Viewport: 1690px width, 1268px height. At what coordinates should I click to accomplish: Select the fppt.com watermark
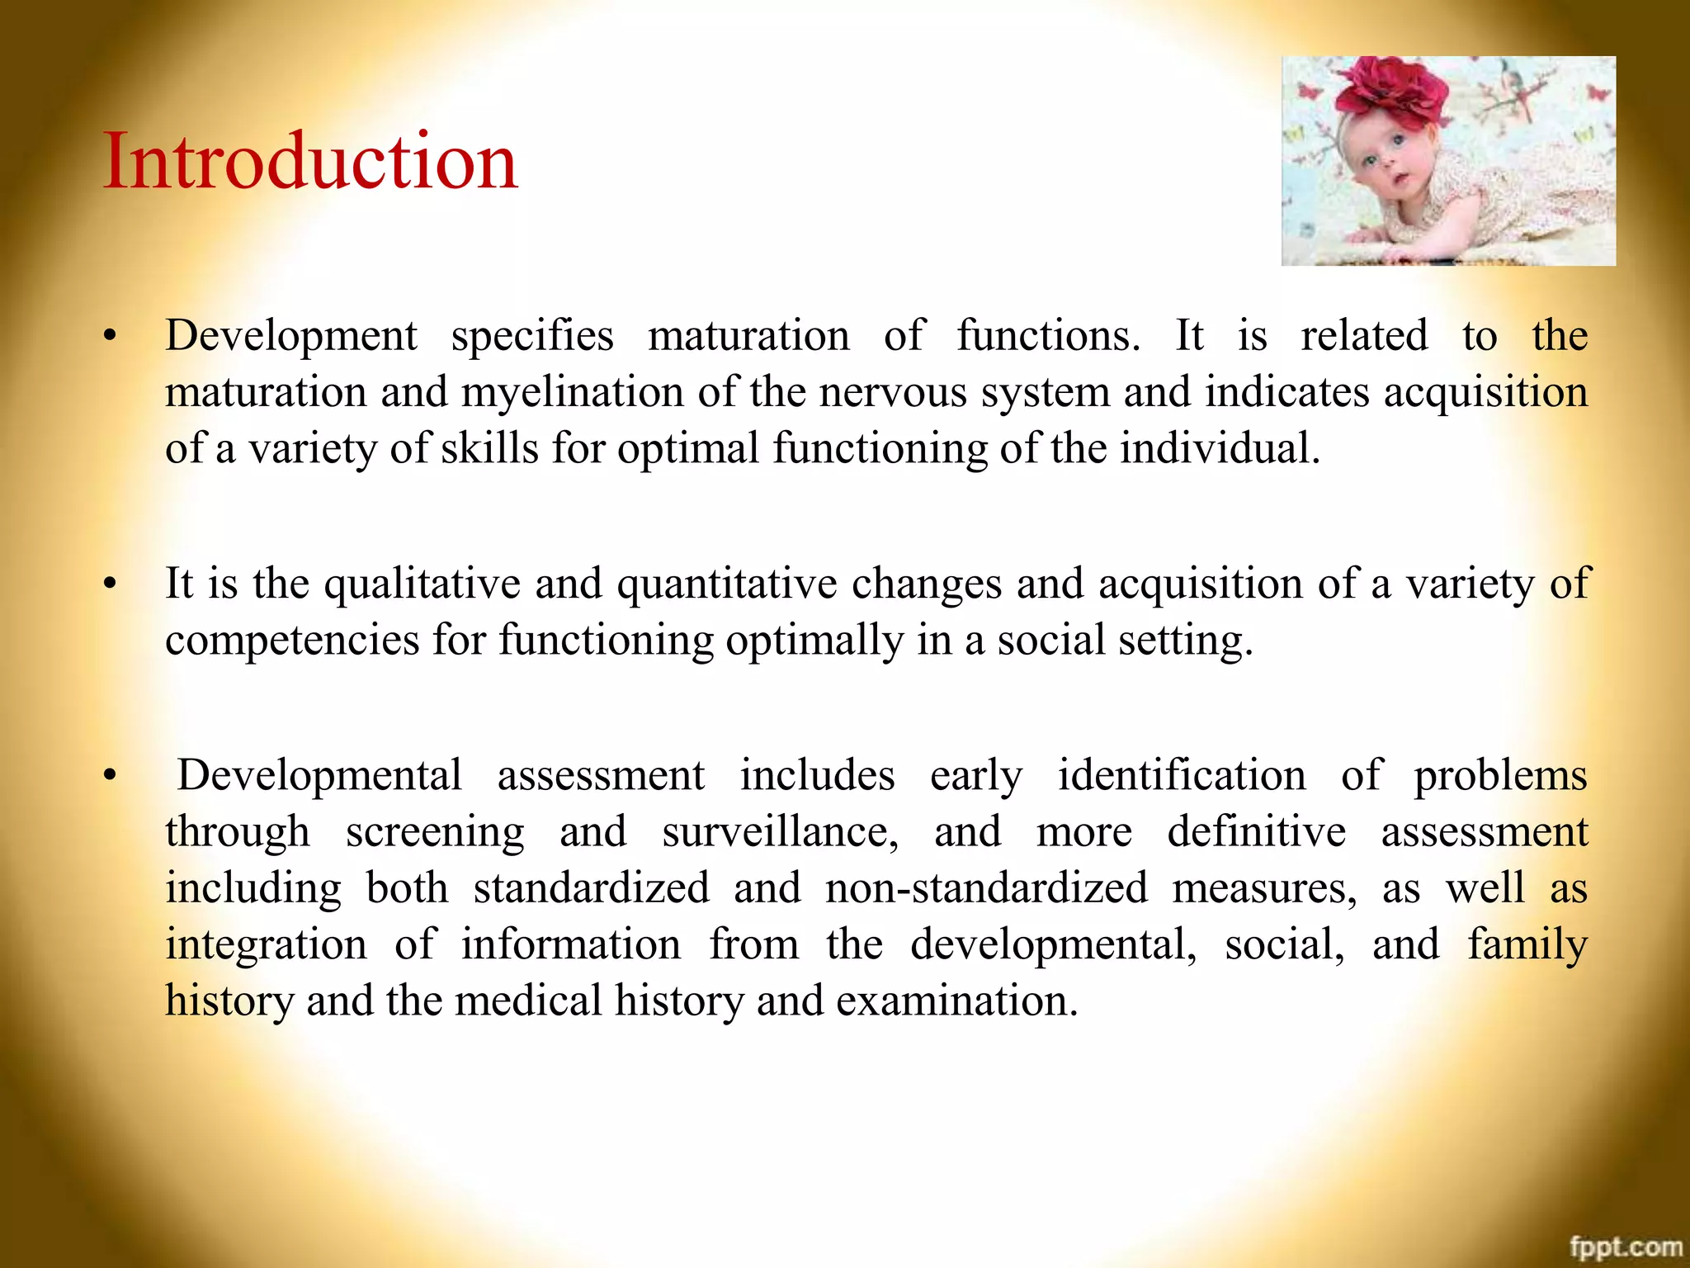1625,1246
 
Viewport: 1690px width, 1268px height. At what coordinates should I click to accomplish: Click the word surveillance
780,832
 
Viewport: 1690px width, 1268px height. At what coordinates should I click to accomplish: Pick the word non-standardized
987,888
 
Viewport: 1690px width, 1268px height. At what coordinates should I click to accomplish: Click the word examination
956,1001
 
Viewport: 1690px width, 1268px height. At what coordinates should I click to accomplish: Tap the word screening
435,832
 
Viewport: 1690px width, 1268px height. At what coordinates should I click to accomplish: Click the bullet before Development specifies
110,336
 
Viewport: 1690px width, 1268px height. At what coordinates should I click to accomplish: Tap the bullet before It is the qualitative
110,584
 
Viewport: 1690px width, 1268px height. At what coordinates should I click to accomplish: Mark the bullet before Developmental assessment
110,776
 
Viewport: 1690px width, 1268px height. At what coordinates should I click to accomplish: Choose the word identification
1182,776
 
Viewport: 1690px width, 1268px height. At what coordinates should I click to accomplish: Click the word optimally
814,641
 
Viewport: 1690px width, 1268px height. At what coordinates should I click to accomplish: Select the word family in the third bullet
1527,944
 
